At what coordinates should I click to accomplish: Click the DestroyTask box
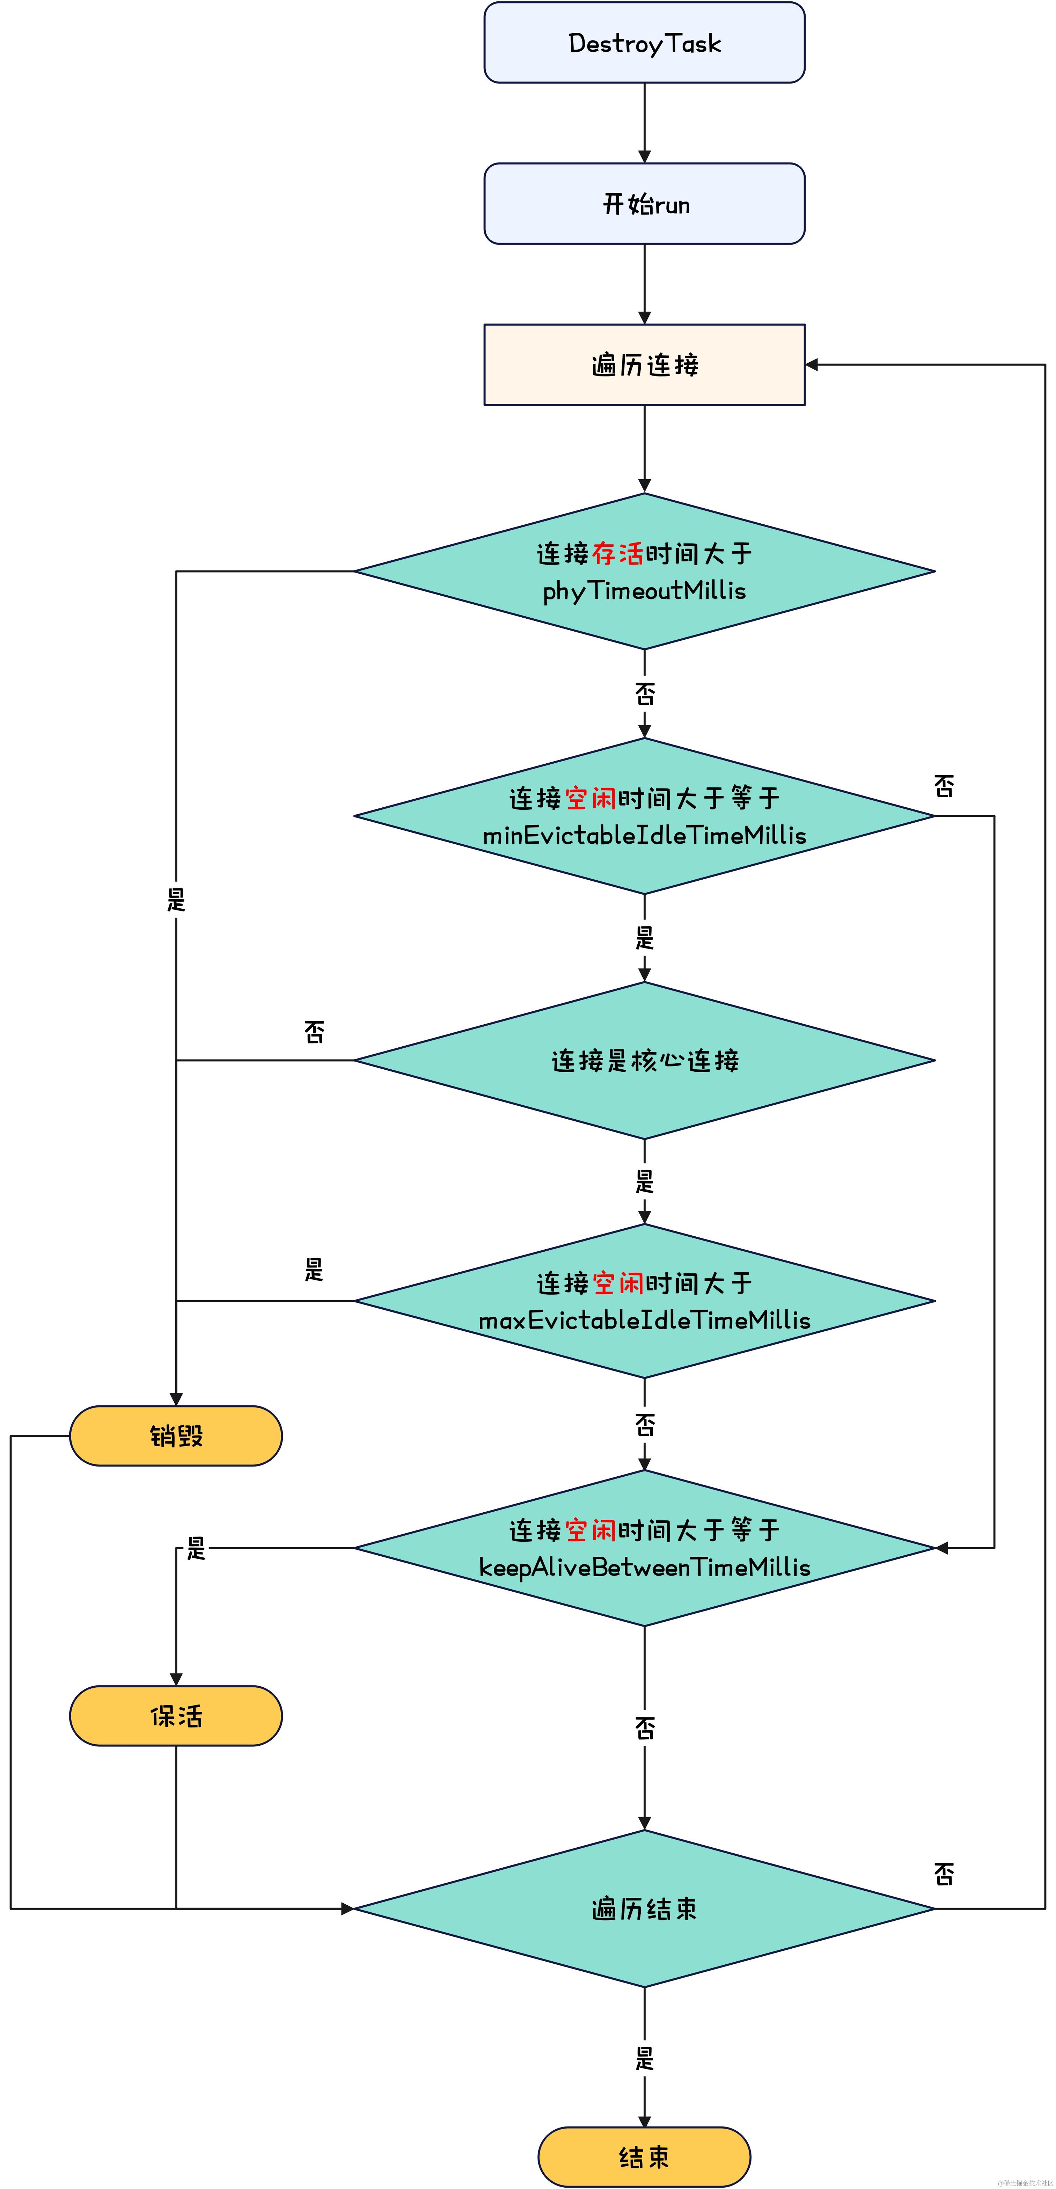[644, 43]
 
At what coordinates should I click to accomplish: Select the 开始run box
[644, 204]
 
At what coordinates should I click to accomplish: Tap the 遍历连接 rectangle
[644, 365]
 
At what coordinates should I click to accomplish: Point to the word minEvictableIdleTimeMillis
[644, 835]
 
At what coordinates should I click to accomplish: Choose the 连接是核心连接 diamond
[644, 1061]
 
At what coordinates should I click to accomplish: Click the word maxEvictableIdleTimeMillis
[644, 1320]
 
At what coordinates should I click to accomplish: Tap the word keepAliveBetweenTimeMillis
[644, 1567]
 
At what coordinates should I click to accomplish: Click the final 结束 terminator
[644, 2156]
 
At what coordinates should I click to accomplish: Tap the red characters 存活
[618, 553]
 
